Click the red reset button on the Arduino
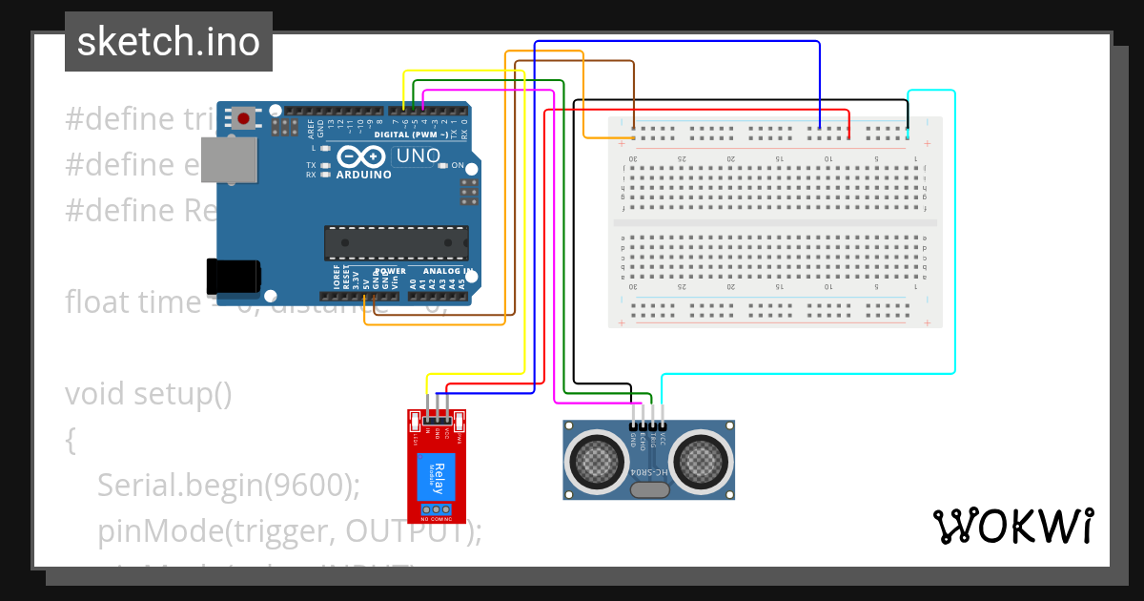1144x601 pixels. (x=244, y=118)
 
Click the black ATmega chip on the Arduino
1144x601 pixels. (x=396, y=243)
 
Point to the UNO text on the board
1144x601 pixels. (x=418, y=156)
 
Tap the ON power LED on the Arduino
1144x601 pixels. (x=443, y=166)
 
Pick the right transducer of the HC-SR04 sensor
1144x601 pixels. (x=703, y=459)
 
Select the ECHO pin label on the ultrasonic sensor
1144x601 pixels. (x=644, y=440)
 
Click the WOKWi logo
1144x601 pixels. (x=1012, y=526)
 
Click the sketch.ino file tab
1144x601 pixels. (x=169, y=42)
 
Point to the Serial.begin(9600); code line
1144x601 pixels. (x=228, y=486)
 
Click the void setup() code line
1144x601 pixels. (x=149, y=393)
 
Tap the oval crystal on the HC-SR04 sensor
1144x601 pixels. (x=649, y=490)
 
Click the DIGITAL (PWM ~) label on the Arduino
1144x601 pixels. (x=411, y=135)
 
